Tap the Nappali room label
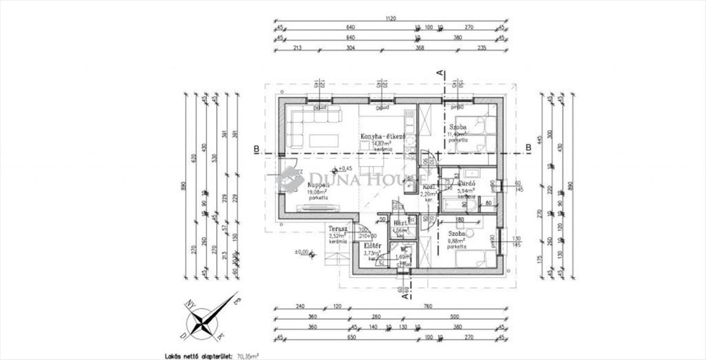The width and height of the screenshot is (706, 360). (318, 184)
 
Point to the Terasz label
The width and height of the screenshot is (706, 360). (338, 229)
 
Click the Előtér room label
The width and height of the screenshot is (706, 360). (372, 246)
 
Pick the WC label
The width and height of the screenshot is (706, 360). (404, 250)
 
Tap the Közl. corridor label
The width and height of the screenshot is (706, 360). (429, 186)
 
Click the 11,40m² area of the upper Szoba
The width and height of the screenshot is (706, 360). (458, 135)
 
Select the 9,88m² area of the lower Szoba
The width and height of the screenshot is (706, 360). (456, 240)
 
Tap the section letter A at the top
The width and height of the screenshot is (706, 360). (438, 73)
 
